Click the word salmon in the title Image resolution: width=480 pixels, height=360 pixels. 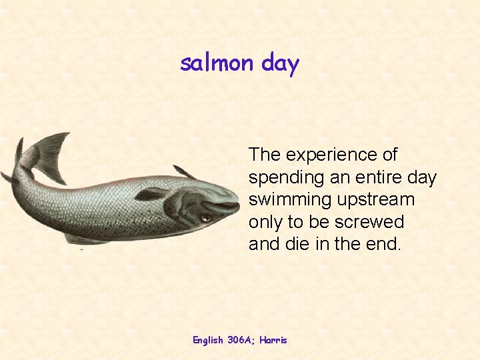pos(217,63)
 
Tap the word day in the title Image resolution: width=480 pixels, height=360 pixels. pos(280,65)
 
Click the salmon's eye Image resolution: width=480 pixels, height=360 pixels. pos(206,218)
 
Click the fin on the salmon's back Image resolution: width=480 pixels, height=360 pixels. pos(184,173)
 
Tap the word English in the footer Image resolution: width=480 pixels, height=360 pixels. pos(208,340)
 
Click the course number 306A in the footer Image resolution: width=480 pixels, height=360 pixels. pos(239,340)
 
